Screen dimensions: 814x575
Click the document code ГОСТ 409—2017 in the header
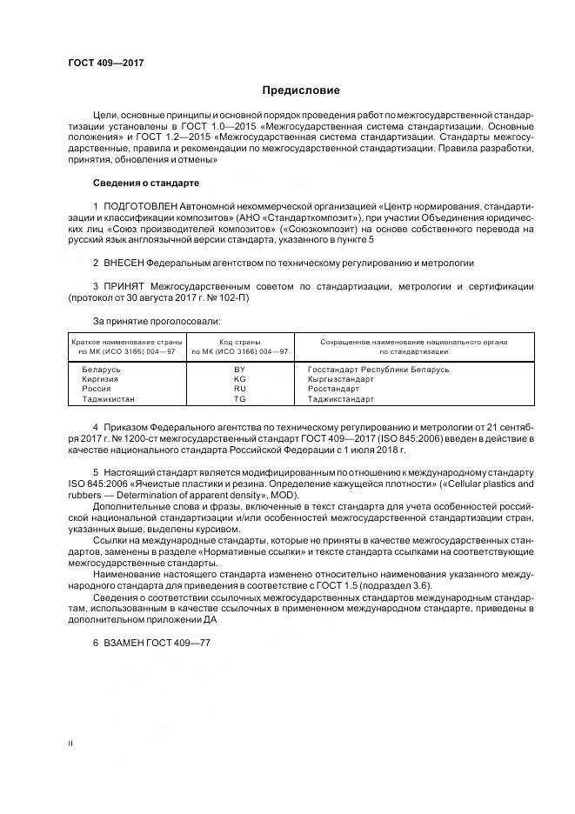pyautogui.click(x=105, y=63)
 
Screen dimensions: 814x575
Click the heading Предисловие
pyautogui.click(x=301, y=90)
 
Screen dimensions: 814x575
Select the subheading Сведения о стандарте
pyautogui.click(x=145, y=183)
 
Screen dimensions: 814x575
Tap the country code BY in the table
pyautogui.click(x=240, y=370)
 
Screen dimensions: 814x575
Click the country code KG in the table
pyautogui.click(x=240, y=379)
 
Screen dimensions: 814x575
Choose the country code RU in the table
pyautogui.click(x=240, y=389)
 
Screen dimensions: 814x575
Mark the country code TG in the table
pyautogui.click(x=240, y=399)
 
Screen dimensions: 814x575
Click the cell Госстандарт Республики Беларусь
pyautogui.click(x=378, y=370)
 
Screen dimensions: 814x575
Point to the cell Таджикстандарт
pyautogui.click(x=341, y=399)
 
